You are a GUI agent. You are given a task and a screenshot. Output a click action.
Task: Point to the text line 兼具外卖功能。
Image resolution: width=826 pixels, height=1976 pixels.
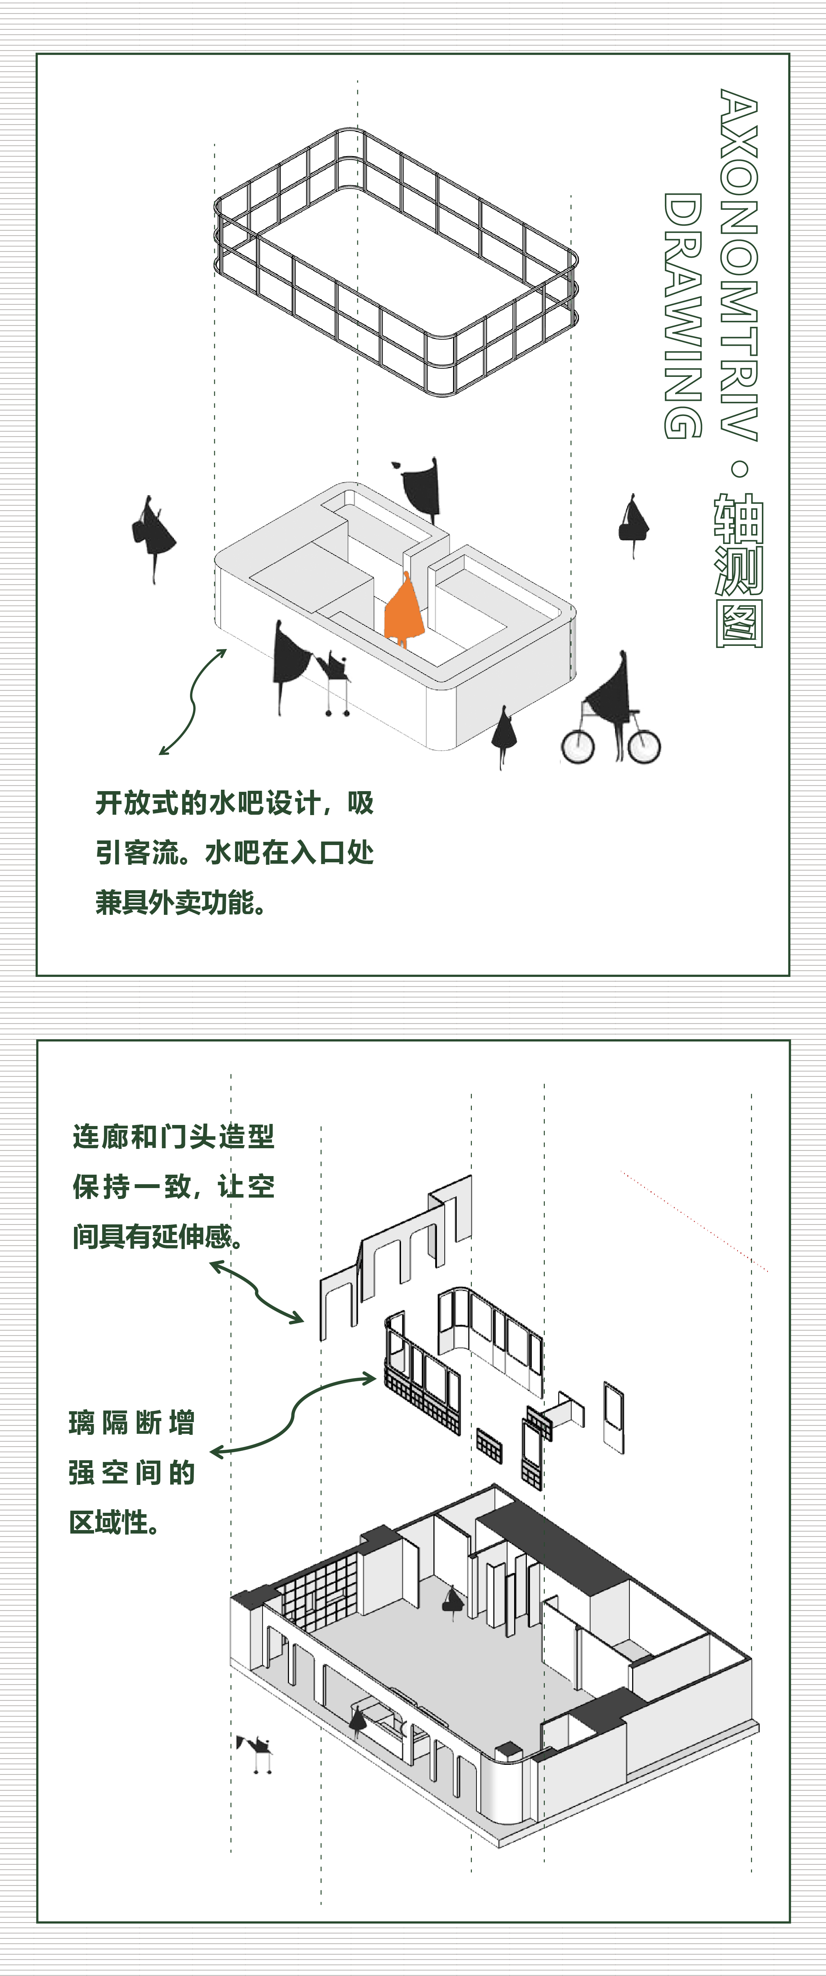181,902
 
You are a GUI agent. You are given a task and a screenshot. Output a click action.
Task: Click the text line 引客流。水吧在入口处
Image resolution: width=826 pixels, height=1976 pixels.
235,852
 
